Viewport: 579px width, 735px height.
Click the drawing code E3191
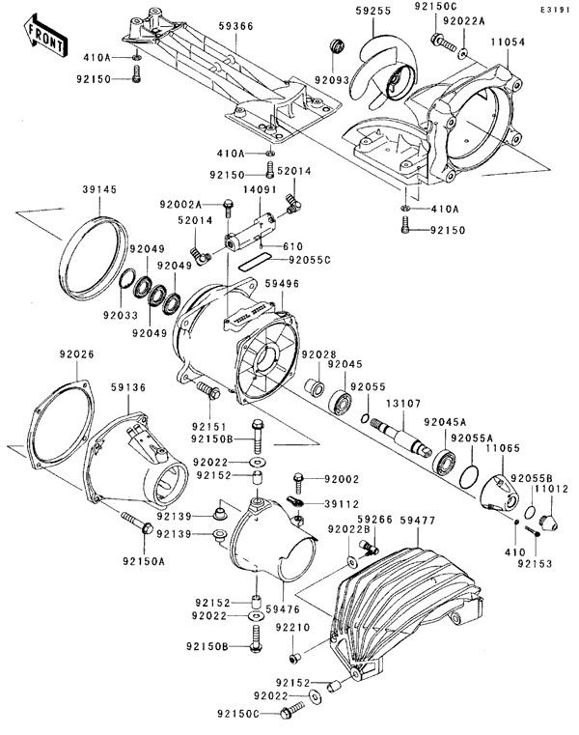pyautogui.click(x=556, y=8)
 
